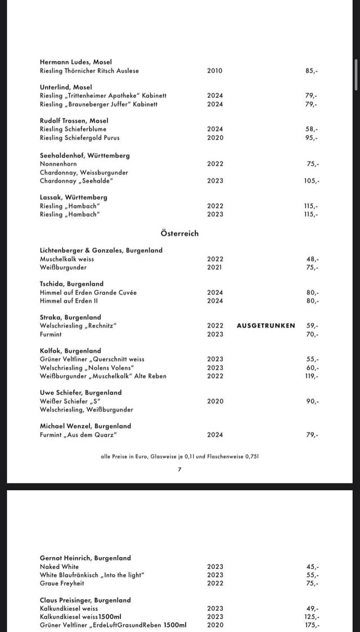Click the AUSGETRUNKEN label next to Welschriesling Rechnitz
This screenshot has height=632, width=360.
coord(265,325)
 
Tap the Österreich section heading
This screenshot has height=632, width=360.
coord(179,234)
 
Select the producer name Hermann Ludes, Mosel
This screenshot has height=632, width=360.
coord(75,62)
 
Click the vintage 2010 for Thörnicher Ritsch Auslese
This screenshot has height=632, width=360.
coord(215,71)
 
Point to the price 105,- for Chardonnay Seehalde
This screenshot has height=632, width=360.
coord(312,181)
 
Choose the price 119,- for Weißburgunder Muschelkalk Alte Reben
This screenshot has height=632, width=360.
coord(311,376)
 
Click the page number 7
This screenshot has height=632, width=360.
coord(179,469)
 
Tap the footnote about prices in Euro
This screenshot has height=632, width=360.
coord(179,456)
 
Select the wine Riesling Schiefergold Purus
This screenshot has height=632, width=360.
coord(79,137)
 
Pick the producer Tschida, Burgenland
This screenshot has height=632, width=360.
coord(71,284)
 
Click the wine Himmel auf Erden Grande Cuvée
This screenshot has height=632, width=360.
coord(88,293)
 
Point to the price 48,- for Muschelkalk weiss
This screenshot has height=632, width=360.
coord(313,259)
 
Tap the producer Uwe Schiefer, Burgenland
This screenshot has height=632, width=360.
coord(80,392)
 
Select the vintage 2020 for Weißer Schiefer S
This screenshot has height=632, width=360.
coord(215,401)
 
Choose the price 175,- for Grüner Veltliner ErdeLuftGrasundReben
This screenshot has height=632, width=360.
coord(311,625)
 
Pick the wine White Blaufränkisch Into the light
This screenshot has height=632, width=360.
coord(92,575)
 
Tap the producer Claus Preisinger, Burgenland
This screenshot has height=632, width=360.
coord(85,600)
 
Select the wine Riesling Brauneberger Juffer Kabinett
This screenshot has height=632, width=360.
coord(98,104)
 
